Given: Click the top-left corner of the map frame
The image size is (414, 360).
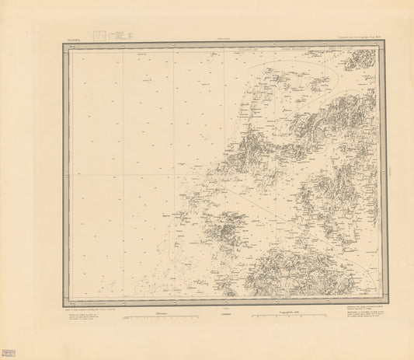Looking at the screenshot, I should (x=64, y=44).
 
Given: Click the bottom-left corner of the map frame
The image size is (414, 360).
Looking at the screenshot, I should (x=64, y=304).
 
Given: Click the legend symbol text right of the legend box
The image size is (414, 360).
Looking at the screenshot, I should (x=118, y=34).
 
